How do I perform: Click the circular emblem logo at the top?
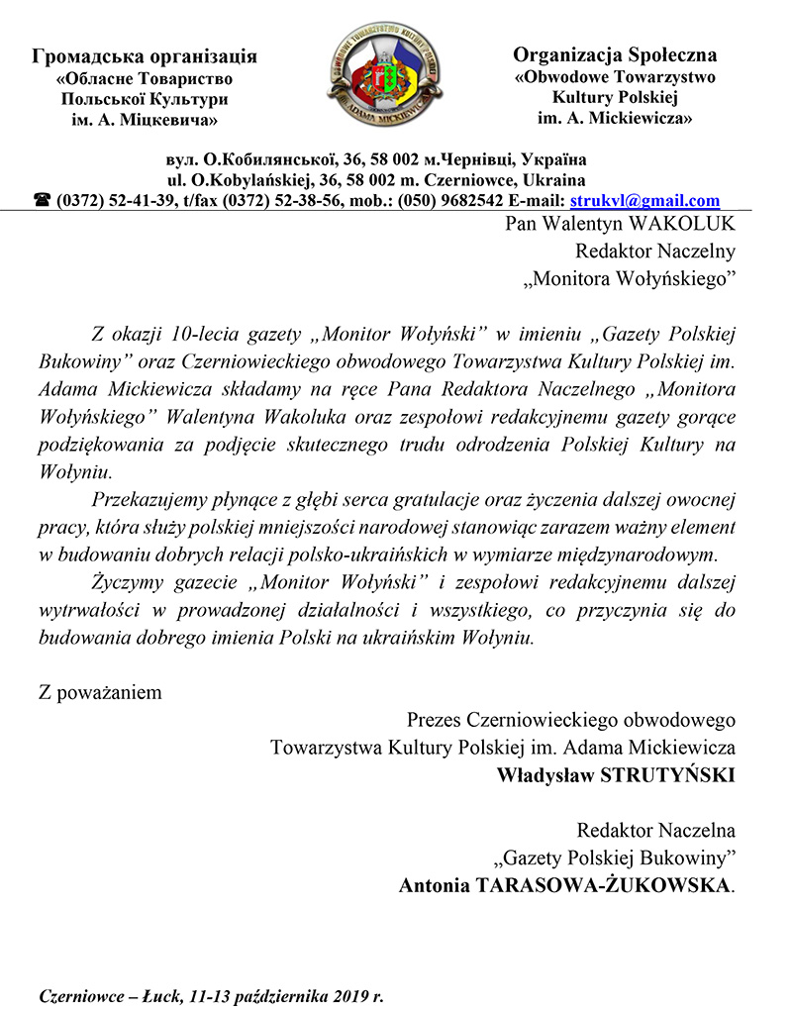(384, 74)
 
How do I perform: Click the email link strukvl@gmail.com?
(645, 200)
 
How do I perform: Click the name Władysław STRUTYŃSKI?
(616, 774)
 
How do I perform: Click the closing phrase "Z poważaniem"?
(100, 692)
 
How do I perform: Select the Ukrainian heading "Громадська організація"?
(145, 56)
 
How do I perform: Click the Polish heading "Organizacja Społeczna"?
(615, 55)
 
